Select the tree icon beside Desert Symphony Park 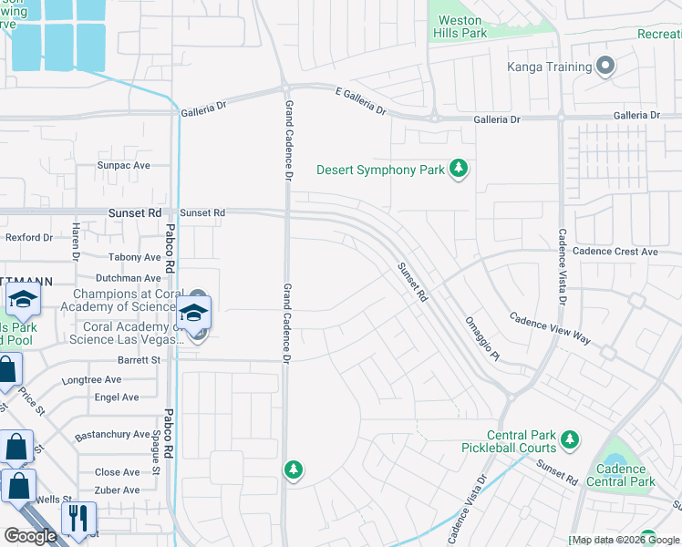[x=460, y=170]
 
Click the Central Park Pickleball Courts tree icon [x=570, y=441]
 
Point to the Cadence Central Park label [x=621, y=475]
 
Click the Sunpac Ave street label [x=124, y=166]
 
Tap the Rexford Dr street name [x=29, y=237]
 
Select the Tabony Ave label [x=134, y=258]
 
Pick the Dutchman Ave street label [x=128, y=278]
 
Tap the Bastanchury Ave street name [x=112, y=434]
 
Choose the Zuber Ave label [x=118, y=490]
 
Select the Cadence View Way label [x=550, y=329]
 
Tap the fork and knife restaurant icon [x=77, y=518]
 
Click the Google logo [x=30, y=535]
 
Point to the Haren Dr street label [x=77, y=241]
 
